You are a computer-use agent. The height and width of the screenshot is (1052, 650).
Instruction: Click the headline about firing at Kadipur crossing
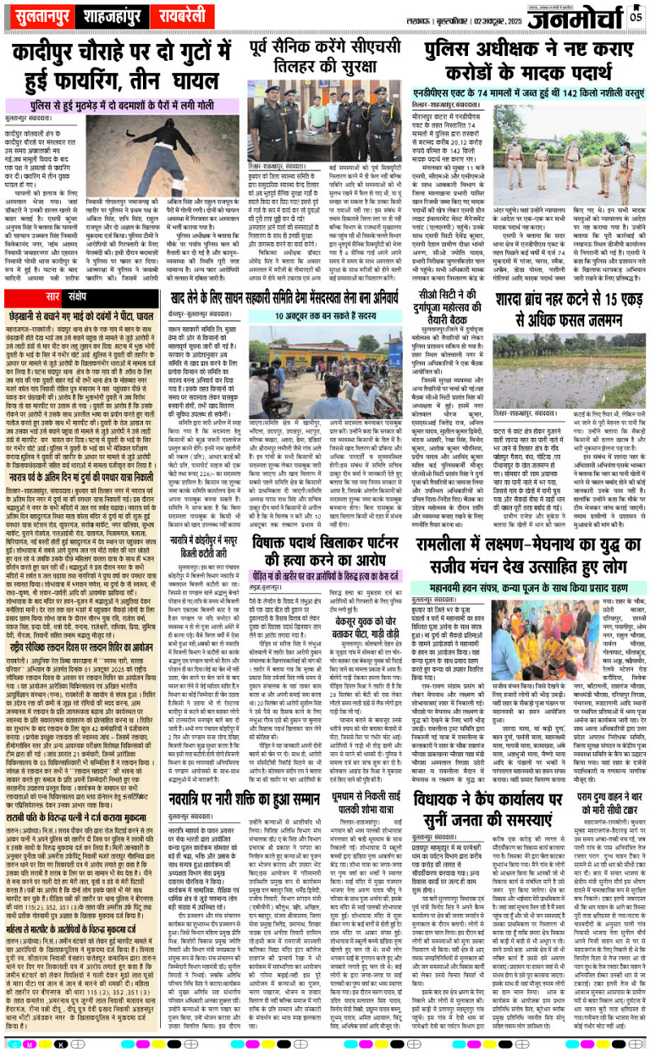(123, 58)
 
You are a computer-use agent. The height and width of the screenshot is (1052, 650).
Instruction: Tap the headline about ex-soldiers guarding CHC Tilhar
(325, 54)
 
